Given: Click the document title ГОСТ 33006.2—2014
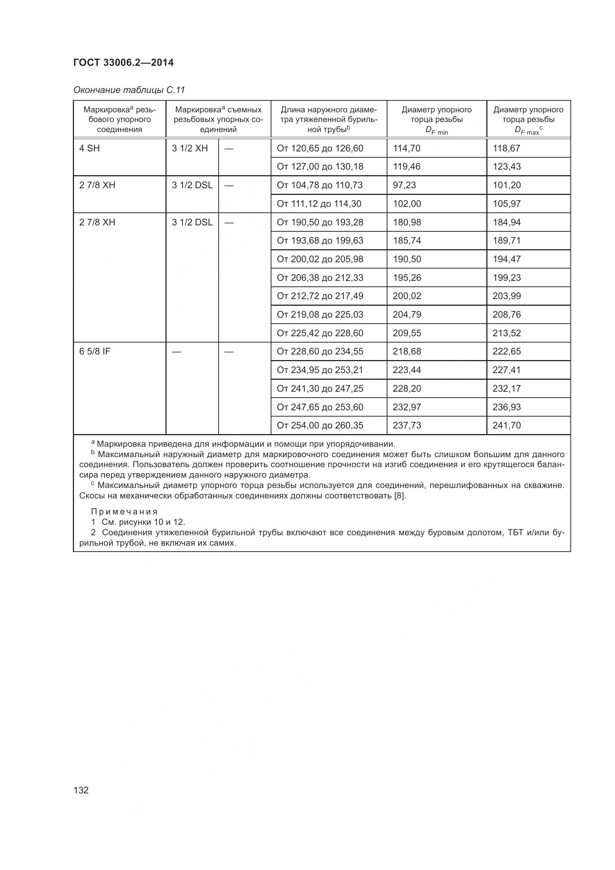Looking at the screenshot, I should (123, 63).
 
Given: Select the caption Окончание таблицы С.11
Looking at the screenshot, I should (129, 90).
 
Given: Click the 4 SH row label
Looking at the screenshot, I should (89, 148).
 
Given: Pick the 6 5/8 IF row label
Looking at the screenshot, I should (95, 351).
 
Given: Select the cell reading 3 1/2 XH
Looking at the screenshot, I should (190, 148).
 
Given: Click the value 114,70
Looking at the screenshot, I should (406, 148).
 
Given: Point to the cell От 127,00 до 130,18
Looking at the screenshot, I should (320, 167).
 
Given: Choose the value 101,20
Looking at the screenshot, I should (506, 185).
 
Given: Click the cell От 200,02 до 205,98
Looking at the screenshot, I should (320, 260).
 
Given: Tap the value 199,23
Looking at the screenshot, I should (506, 278).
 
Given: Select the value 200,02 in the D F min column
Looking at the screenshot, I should (407, 296).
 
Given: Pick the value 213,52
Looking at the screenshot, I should (506, 333).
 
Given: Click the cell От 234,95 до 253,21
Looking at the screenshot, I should (320, 370).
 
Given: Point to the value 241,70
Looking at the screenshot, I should (506, 426).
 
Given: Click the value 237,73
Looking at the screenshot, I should (407, 426).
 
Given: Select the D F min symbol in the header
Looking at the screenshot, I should (436, 131).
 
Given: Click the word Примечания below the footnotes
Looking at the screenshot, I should (124, 512).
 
